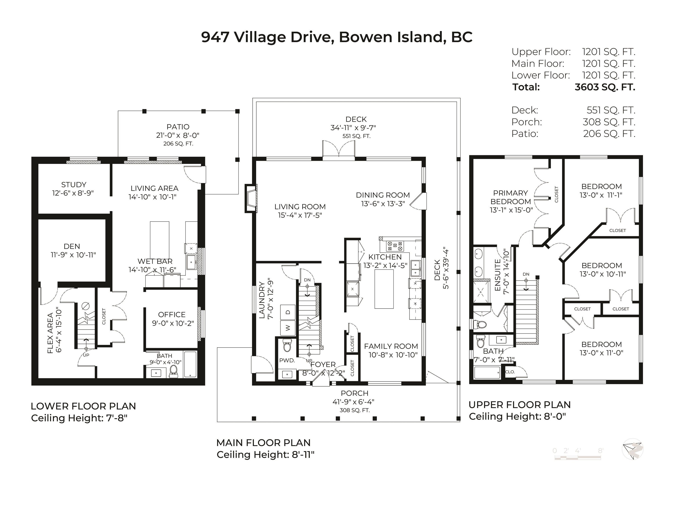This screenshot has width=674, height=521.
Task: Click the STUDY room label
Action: click(73, 185)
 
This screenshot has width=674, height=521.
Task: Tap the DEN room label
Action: click(72, 246)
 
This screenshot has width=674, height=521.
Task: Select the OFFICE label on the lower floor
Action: click(172, 315)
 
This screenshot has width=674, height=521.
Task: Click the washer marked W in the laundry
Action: click(288, 328)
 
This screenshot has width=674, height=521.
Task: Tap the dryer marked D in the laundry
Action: click(288, 312)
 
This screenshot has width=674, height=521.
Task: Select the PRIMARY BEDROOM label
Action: click(511, 197)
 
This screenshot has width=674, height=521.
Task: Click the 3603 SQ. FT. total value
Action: click(605, 87)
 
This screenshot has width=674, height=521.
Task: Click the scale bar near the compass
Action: click(578, 457)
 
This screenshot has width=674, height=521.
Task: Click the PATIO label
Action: click(178, 127)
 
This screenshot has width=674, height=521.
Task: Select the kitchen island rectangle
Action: click(384, 289)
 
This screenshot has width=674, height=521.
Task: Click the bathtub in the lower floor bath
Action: click(190, 365)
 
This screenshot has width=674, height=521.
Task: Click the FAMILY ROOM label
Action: click(391, 346)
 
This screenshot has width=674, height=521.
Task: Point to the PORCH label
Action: click(355, 393)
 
